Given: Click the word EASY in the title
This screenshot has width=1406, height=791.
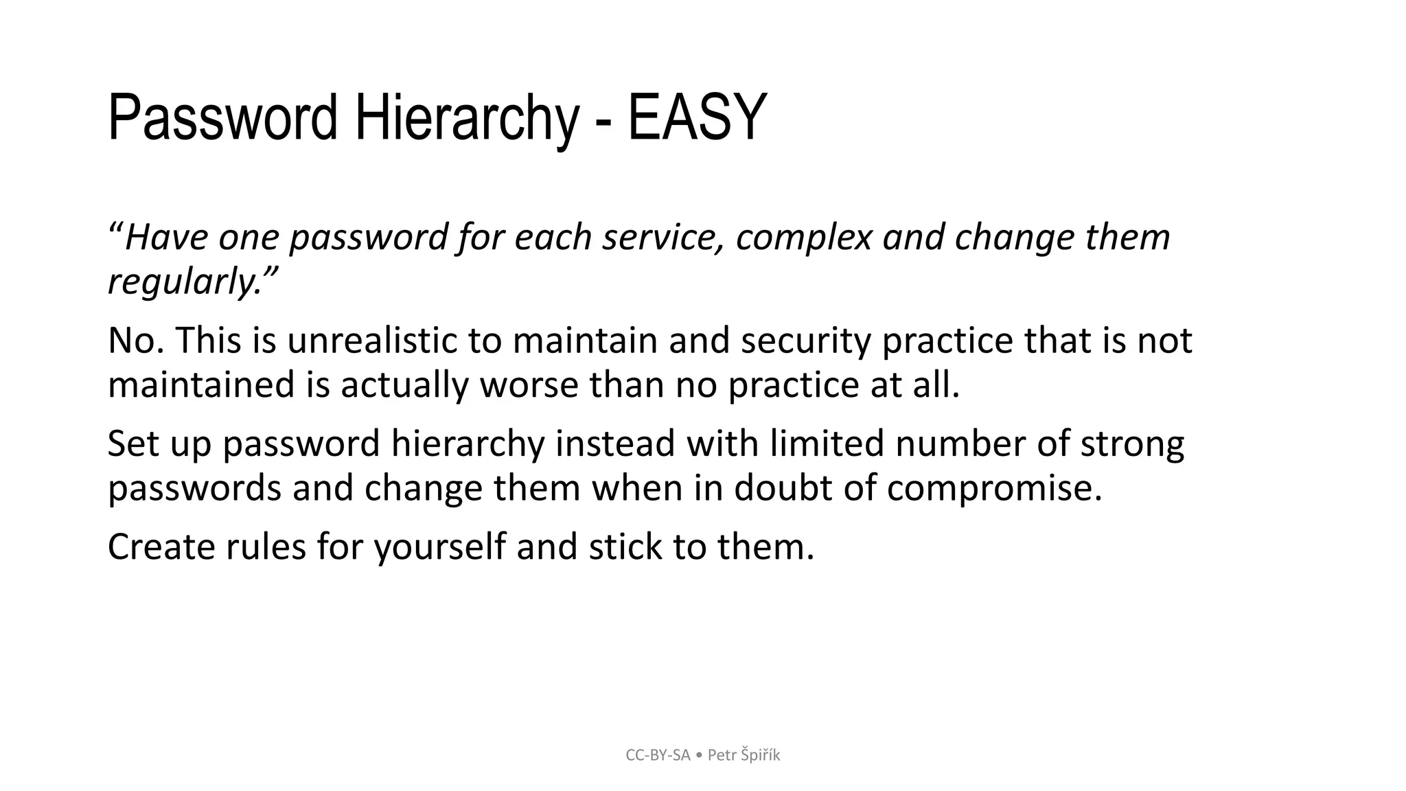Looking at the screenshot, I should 696,118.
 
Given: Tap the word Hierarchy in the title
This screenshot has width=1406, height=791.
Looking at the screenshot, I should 466,118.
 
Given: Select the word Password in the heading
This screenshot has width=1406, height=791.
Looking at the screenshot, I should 222,118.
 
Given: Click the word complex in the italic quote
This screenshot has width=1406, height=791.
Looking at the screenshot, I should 803,238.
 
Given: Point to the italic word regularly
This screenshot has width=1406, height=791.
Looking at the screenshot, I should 183,282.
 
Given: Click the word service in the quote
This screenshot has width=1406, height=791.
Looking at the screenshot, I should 663,238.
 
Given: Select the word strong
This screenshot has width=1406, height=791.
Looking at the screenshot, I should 1132,444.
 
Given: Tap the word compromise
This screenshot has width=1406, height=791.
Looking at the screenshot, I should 993,488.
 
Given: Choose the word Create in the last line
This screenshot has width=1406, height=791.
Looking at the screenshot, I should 161,547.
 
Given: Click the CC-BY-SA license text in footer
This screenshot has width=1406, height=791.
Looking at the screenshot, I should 658,755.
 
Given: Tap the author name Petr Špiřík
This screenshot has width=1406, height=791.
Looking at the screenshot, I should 744,755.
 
